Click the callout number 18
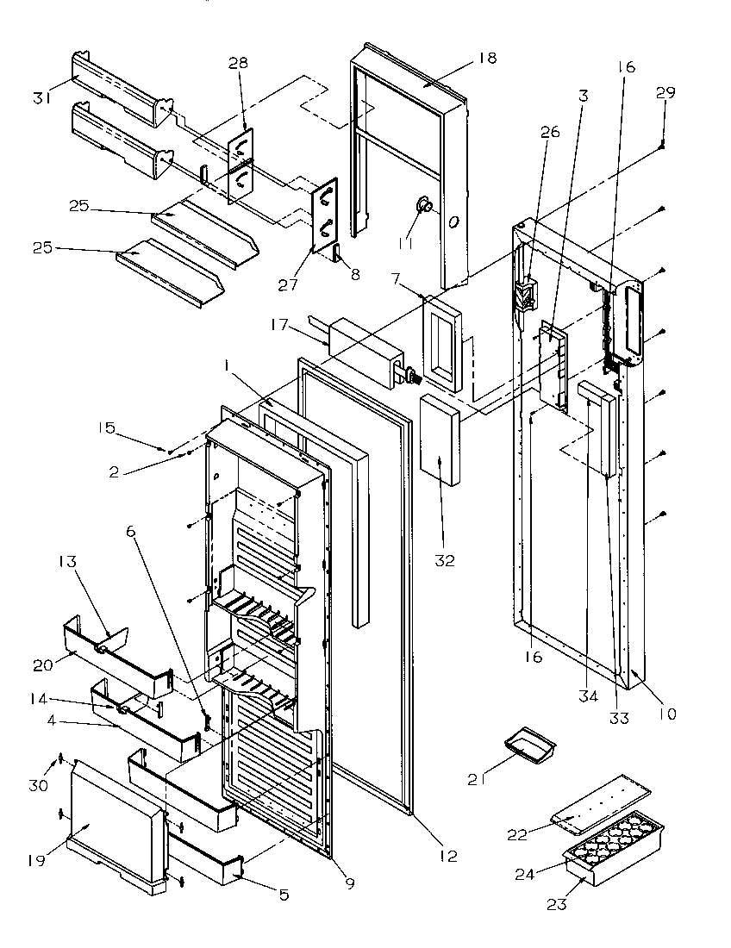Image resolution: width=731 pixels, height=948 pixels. point(488,59)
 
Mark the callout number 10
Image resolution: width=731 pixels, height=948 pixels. point(668,713)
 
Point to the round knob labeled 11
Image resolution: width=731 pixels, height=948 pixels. point(424,204)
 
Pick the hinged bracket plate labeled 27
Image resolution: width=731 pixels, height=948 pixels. point(324,215)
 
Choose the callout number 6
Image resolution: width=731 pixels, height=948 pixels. point(131,533)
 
